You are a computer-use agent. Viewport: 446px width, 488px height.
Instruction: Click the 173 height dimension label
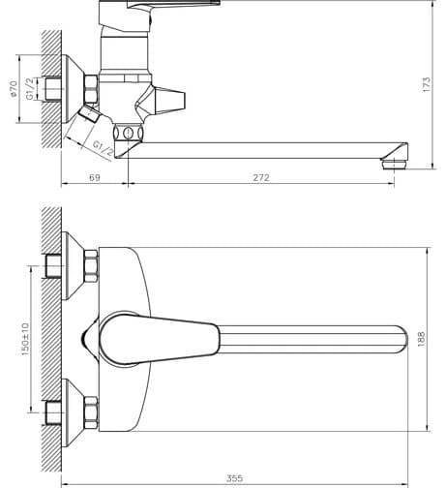click(x=427, y=84)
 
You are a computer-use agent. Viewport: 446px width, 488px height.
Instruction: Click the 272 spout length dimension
click(x=261, y=178)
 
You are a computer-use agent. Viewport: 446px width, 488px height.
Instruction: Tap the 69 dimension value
click(x=95, y=178)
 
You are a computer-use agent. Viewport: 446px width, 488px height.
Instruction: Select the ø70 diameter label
click(x=14, y=89)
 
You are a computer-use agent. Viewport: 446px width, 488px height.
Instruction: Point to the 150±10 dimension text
click(x=25, y=339)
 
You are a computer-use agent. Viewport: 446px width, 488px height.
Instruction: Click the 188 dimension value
click(x=421, y=339)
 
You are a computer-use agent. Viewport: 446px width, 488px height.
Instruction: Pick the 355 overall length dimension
click(x=234, y=478)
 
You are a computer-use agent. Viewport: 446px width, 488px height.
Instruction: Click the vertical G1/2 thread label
click(x=30, y=89)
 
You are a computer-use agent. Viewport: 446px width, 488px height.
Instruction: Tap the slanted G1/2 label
click(x=103, y=148)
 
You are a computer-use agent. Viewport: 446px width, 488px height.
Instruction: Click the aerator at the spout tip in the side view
click(x=394, y=164)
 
